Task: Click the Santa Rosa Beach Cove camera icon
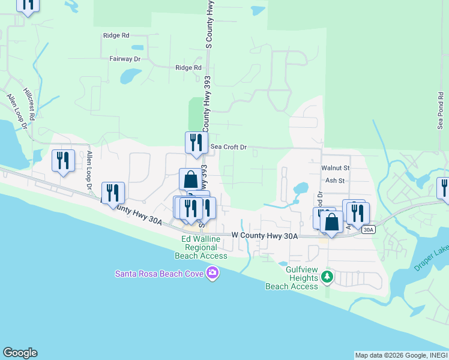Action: [x=212, y=274]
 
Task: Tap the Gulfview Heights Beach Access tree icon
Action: [x=327, y=277]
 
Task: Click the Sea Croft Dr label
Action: [x=229, y=146]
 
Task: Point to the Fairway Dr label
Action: [x=124, y=59]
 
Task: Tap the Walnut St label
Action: [x=335, y=169]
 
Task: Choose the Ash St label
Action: [x=334, y=180]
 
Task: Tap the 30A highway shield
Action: [x=369, y=229]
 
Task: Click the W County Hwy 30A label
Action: [x=265, y=236]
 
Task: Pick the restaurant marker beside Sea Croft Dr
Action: [x=196, y=143]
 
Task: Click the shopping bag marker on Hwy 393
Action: [x=190, y=179]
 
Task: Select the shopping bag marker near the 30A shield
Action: [x=331, y=221]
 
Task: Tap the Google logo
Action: [x=20, y=353]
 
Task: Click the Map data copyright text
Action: [x=400, y=355]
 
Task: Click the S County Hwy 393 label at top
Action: [x=209, y=24]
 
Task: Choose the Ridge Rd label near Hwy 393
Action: [x=188, y=68]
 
